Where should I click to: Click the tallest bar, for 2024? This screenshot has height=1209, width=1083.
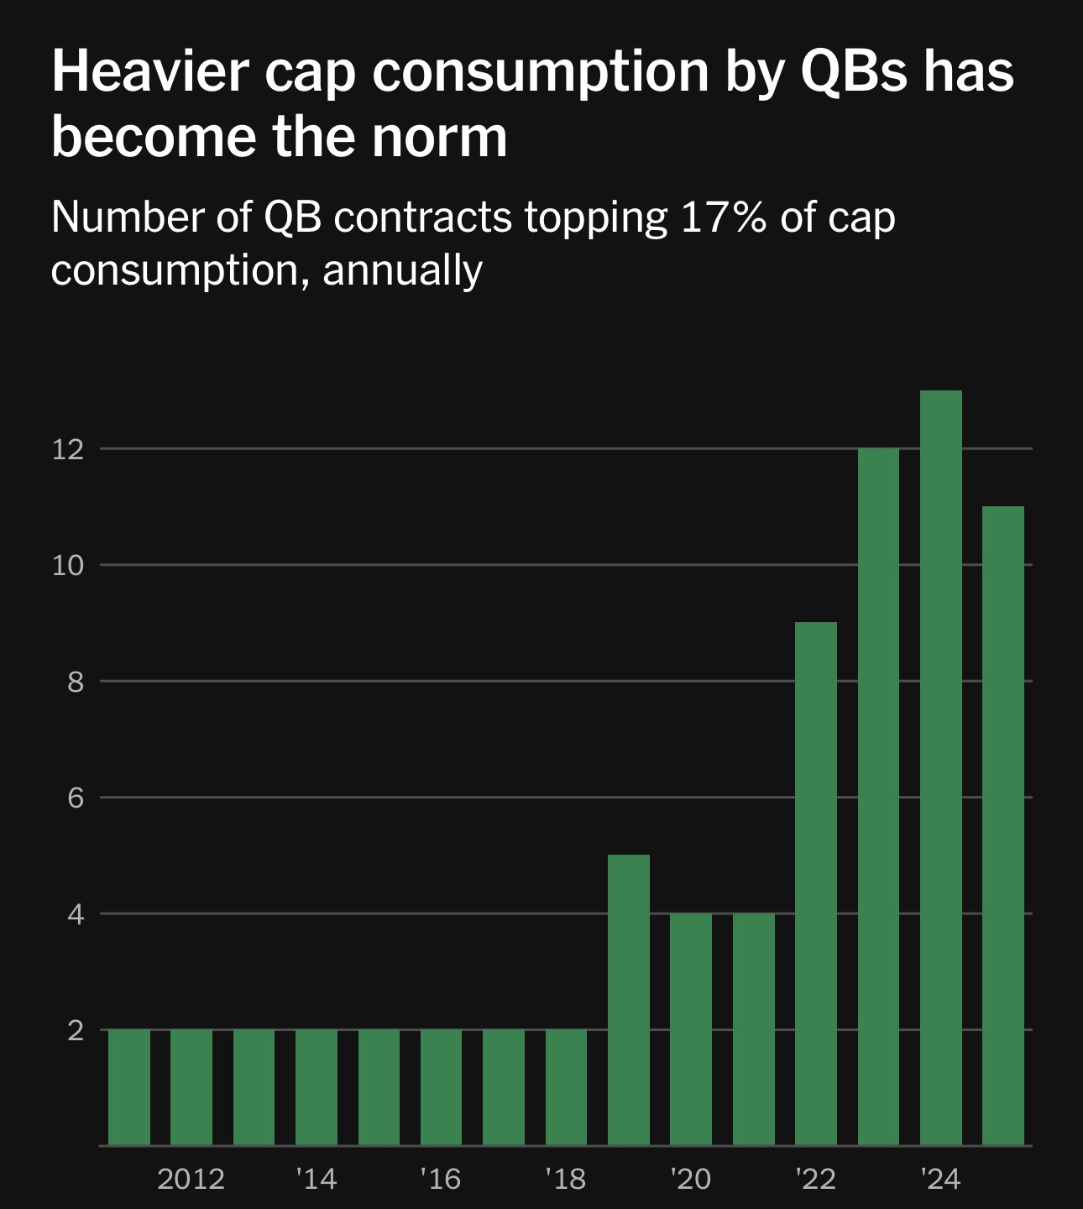[x=941, y=767]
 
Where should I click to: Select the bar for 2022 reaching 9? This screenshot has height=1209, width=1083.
[x=816, y=883]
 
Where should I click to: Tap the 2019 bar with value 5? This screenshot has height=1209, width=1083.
[x=629, y=999]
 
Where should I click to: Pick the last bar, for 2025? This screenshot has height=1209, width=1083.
[x=1003, y=825]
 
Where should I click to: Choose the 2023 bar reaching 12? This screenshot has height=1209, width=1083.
[x=878, y=796]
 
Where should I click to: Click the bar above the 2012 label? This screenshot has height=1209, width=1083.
[x=191, y=1086]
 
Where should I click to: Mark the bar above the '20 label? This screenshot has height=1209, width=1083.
[x=691, y=1028]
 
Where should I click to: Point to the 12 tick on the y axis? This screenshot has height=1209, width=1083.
[x=68, y=449]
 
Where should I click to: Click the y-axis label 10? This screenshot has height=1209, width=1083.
[x=68, y=565]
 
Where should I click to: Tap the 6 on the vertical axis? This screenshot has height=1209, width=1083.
[x=76, y=798]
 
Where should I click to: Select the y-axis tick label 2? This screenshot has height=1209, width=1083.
[x=76, y=1030]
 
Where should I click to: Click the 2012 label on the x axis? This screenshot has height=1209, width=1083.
[x=191, y=1179]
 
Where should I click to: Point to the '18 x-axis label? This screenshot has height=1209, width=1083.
[x=566, y=1179]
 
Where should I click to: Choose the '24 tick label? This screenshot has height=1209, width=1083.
[x=940, y=1179]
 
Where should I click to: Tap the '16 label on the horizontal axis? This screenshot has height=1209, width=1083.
[x=441, y=1179]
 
